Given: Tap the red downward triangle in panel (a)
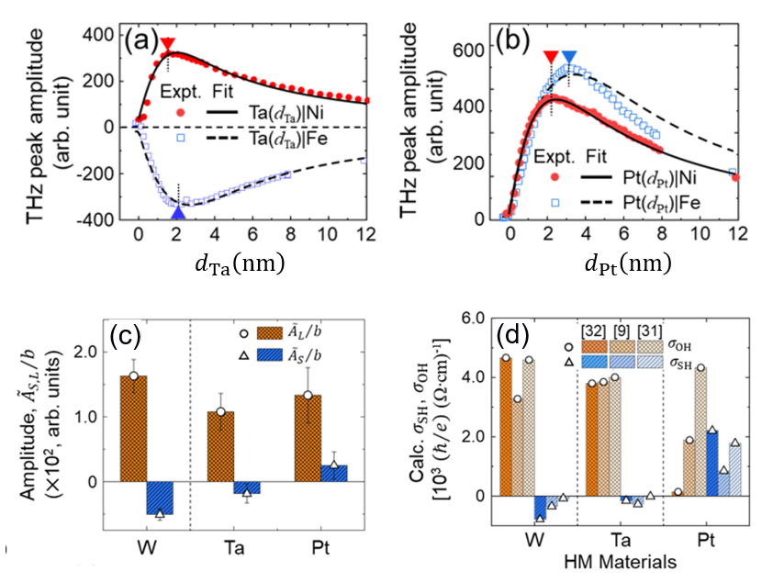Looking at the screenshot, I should tap(168, 45).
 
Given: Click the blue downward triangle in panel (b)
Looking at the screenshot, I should tap(569, 58).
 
